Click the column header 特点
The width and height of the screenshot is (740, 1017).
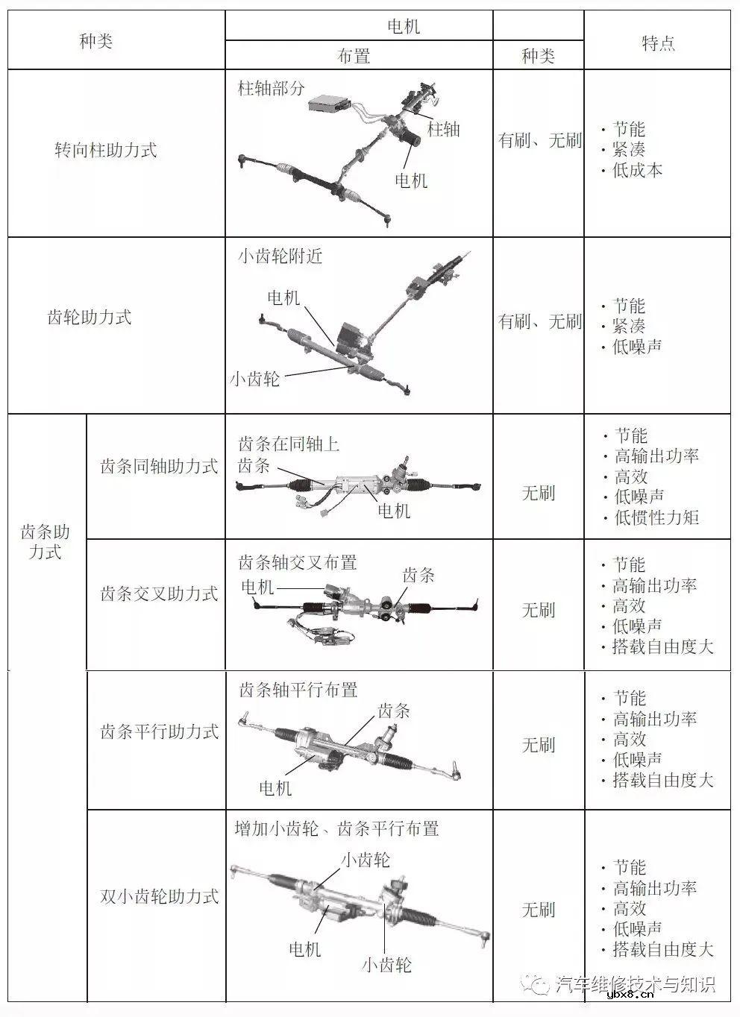[658, 43]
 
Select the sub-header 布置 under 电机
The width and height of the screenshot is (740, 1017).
[354, 56]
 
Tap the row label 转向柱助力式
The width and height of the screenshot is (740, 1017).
[105, 150]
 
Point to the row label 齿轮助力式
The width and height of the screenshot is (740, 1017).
[90, 318]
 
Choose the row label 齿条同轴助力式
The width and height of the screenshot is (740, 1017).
[159, 467]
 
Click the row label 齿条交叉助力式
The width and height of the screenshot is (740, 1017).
[159, 593]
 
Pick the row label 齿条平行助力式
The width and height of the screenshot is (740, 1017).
[159, 731]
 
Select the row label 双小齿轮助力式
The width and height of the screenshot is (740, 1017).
[159, 896]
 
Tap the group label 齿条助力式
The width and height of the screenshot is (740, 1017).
[45, 542]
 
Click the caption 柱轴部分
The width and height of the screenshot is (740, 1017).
[272, 89]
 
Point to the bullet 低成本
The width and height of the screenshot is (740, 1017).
[637, 170]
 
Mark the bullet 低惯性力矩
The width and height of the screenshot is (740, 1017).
[656, 517]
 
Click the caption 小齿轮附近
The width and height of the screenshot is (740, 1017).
[280, 256]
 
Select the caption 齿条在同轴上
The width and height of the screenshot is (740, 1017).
[289, 444]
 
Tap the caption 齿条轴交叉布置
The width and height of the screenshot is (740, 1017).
[298, 562]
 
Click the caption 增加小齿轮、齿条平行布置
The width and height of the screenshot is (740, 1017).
[336, 828]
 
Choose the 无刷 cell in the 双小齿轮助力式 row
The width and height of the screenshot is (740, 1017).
[538, 910]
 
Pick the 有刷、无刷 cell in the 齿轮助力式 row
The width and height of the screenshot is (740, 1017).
[539, 322]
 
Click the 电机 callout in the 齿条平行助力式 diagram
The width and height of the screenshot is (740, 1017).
[275, 787]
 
